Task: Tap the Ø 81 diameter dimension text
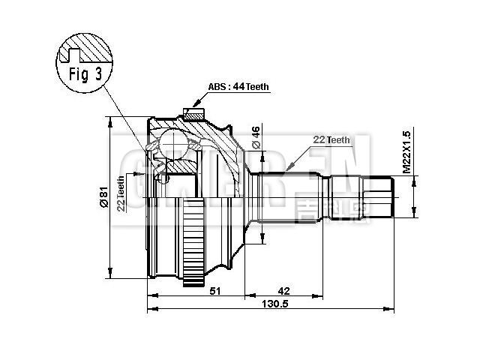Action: [103, 197]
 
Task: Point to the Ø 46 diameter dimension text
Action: [256, 139]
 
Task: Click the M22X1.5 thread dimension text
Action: [406, 152]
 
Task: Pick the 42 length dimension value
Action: [283, 291]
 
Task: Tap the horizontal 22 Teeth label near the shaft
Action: [331, 140]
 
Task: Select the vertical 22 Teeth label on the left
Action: [121, 194]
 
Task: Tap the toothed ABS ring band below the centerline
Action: [193, 240]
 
